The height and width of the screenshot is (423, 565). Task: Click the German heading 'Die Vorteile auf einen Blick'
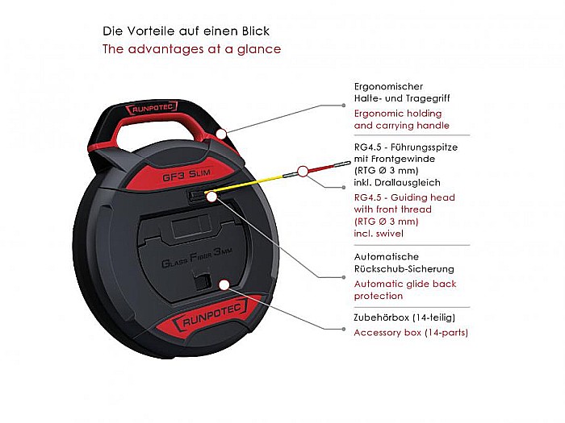(x=186, y=31)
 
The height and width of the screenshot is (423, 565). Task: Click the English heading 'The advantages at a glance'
(x=192, y=49)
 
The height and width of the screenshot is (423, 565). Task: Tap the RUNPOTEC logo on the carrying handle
(x=152, y=108)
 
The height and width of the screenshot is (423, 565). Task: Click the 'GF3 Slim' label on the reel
(x=186, y=175)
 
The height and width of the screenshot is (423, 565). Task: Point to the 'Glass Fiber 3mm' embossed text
(x=196, y=258)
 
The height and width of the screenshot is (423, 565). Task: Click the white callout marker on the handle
(x=222, y=134)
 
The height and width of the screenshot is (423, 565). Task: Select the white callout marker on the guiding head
(x=303, y=172)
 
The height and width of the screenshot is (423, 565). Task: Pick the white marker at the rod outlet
(x=211, y=197)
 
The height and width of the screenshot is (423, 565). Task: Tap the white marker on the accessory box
(x=224, y=285)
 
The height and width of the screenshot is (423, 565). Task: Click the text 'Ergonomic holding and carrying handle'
(x=402, y=119)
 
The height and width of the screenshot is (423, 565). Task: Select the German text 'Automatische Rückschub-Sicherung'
(x=404, y=263)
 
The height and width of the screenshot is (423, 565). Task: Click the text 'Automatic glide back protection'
(x=405, y=290)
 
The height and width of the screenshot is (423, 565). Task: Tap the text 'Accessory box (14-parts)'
(x=411, y=332)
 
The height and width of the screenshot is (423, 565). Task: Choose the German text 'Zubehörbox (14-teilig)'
(x=404, y=317)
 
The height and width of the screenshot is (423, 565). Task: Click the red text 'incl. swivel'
(x=379, y=234)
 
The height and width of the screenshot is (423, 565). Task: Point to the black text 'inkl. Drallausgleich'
(x=397, y=182)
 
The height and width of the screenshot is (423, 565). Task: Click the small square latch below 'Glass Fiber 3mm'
(x=203, y=282)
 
